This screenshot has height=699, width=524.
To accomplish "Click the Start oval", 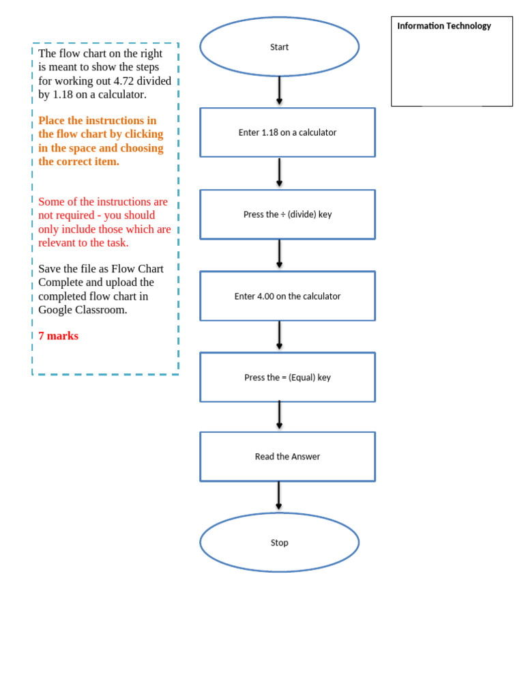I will [279, 47].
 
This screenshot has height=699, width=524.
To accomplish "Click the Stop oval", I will [279, 543].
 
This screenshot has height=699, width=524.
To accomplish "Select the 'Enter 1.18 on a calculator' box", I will [287, 132].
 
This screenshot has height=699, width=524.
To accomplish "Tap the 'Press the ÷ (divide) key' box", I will [287, 214].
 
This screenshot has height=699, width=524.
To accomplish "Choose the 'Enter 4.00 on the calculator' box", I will [287, 296].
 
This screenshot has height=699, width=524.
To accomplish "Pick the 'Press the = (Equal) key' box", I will [287, 377].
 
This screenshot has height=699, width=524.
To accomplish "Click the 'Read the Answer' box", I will [287, 457].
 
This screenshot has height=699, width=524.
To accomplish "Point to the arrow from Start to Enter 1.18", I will [279, 91].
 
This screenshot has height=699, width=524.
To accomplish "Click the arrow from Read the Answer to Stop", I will [278, 496].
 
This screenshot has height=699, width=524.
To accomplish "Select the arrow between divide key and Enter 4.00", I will [279, 254].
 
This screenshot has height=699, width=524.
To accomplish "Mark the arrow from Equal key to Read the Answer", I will [279, 416].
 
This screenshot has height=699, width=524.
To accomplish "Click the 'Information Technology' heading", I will [444, 26].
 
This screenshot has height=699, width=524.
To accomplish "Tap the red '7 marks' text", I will [59, 336].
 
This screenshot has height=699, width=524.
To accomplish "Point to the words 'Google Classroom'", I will [83, 310].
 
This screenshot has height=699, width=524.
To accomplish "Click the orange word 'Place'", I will [52, 121].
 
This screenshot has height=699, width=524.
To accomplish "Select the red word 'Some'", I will [51, 202].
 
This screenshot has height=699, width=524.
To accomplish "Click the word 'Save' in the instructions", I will [50, 269].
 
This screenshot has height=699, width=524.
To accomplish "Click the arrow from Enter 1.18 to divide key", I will [279, 173].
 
